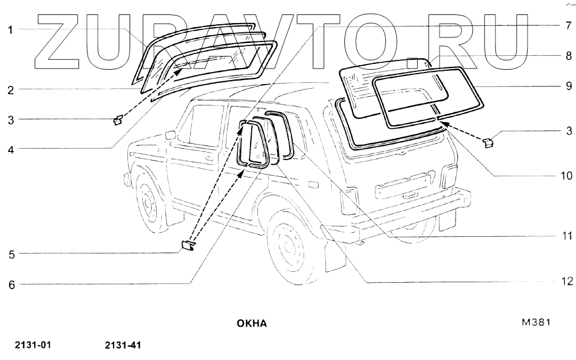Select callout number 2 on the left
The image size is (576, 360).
click(x=11, y=89)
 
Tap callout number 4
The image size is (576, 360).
click(x=11, y=148)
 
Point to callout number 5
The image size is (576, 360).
click(x=11, y=253)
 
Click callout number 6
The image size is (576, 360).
click(x=11, y=284)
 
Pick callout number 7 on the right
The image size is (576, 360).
click(x=567, y=26)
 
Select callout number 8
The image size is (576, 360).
click(x=567, y=56)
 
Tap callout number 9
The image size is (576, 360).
click(x=567, y=86)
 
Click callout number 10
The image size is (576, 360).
click(x=566, y=176)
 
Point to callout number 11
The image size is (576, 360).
click(x=566, y=236)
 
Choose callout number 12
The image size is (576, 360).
click(x=566, y=282)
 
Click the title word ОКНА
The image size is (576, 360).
click(x=252, y=323)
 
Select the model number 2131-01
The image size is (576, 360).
click(x=33, y=346)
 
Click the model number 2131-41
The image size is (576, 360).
click(x=123, y=346)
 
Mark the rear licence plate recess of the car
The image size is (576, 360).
click(x=403, y=185)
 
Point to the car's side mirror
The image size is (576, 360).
click(x=170, y=135)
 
